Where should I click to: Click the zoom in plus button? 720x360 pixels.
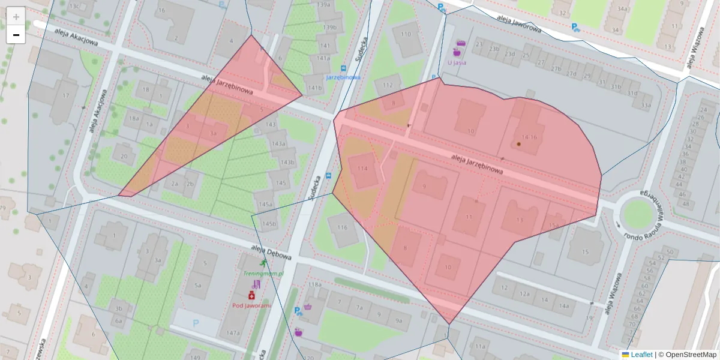16,17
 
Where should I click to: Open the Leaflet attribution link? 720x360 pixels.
641,355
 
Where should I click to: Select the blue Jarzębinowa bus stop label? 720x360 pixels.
343,77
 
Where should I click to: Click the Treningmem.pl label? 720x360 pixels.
262,273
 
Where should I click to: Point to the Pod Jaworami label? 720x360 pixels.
251,305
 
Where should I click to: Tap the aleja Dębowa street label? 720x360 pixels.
271,253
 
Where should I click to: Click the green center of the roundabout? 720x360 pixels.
637,212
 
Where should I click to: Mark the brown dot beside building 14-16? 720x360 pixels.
518,144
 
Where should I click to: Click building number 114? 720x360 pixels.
362,169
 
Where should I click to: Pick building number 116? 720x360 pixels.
343,227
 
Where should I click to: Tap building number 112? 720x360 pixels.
388,85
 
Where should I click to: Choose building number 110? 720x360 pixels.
406,34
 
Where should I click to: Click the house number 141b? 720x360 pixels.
314,88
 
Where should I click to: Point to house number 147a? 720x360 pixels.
233,333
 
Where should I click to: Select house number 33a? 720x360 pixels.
645,106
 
